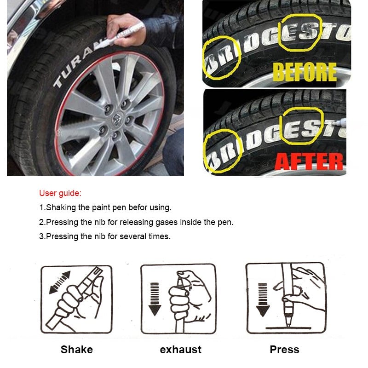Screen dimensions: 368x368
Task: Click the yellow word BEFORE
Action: (305, 72)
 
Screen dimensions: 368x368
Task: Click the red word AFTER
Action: (309, 161)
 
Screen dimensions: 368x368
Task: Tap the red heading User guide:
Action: (60, 193)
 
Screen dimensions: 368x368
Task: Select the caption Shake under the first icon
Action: (77, 350)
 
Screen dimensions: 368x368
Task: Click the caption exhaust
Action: (180, 350)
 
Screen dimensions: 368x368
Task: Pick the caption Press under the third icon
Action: (284, 350)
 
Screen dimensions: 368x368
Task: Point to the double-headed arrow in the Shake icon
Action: (60, 282)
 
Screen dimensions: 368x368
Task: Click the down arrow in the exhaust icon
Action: (155, 299)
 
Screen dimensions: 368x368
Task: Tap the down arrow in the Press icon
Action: (263, 300)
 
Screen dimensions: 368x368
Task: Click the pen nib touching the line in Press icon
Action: (288, 323)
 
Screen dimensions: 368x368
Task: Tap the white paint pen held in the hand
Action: (120, 36)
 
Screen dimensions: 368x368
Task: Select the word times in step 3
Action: (160, 236)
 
